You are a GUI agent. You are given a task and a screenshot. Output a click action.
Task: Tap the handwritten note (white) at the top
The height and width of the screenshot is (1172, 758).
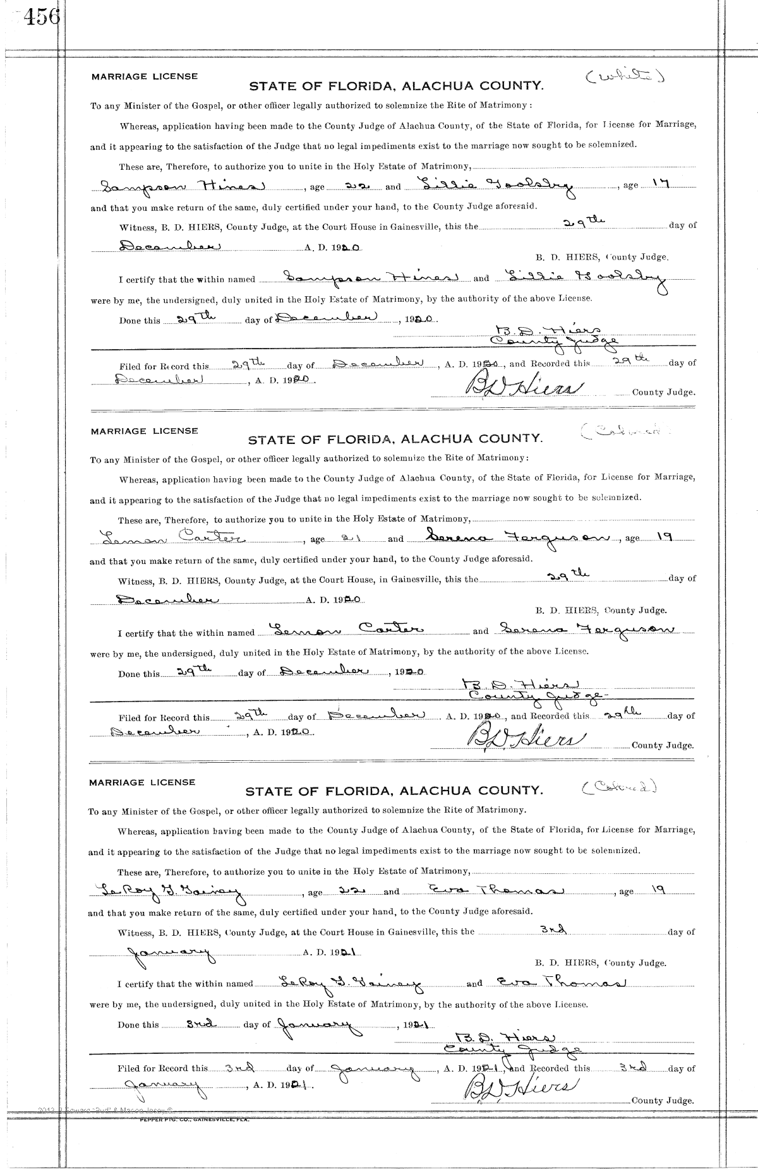click(x=625, y=77)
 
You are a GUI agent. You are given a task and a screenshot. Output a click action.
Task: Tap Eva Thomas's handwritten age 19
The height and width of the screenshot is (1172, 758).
click(x=658, y=890)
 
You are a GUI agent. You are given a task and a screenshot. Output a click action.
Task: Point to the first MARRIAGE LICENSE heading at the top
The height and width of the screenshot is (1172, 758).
click(x=144, y=76)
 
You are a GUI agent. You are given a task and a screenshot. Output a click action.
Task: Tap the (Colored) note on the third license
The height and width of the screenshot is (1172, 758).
click(x=618, y=787)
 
